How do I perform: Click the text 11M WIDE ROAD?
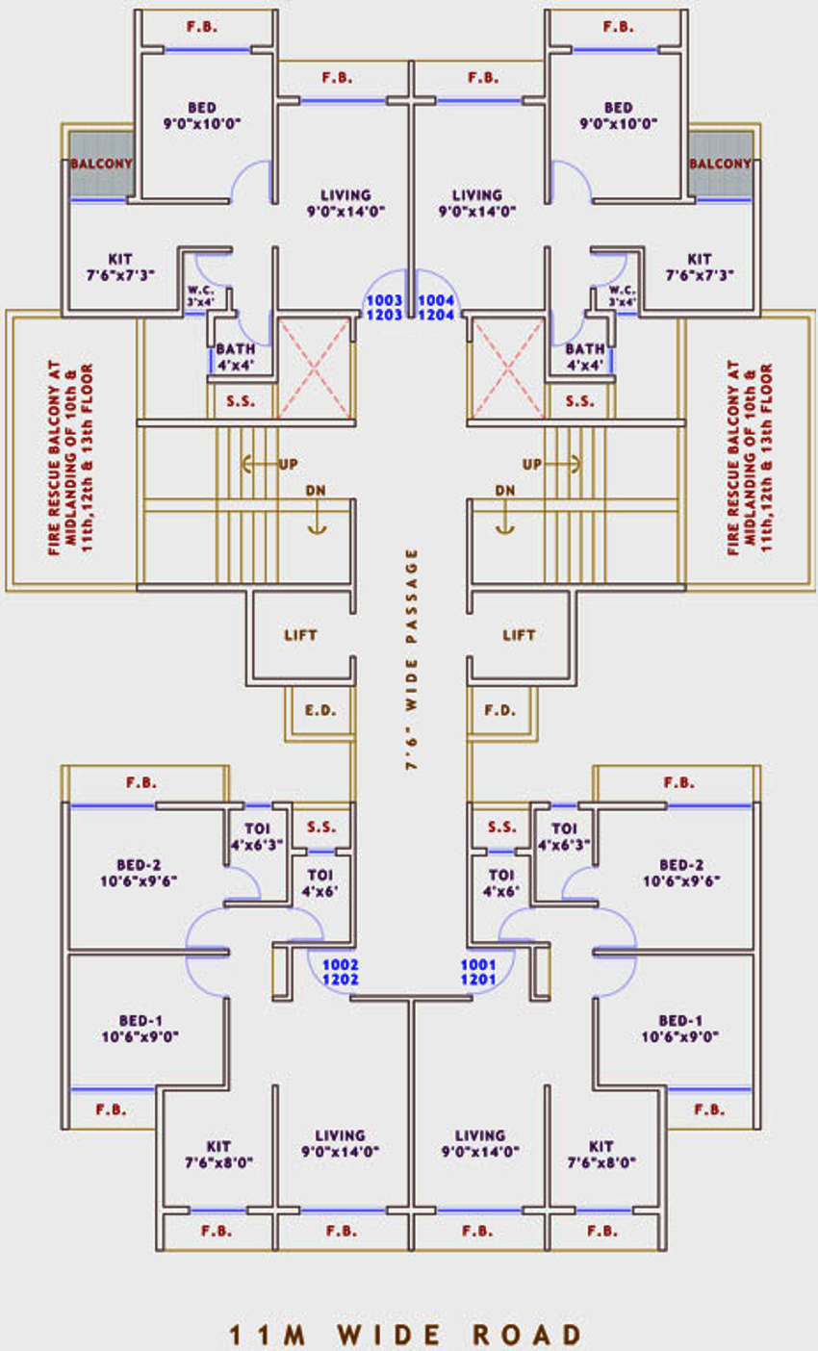[x=407, y=1335]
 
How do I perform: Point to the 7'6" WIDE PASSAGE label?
[x=412, y=660]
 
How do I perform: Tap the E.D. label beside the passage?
[x=320, y=711]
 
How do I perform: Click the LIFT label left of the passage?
[x=300, y=635]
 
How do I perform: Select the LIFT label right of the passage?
[x=520, y=635]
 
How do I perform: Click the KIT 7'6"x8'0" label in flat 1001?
[x=601, y=1154]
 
